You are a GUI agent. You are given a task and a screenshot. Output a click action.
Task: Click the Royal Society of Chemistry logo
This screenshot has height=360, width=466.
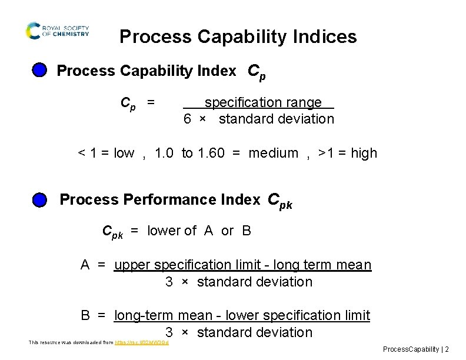pyautogui.click(x=57, y=31)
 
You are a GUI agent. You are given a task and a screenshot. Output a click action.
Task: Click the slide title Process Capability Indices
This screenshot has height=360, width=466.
pyautogui.click(x=238, y=37)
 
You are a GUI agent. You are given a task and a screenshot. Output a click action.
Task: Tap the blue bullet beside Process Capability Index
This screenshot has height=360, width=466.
pyautogui.click(x=39, y=71)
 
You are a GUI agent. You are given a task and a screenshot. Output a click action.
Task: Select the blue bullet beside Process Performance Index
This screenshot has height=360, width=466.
pyautogui.click(x=39, y=200)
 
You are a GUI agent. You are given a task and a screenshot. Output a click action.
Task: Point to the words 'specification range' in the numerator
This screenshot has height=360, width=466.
pyautogui.click(x=263, y=102)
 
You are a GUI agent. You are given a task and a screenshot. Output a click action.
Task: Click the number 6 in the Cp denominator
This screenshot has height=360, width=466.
pyautogui.click(x=187, y=119)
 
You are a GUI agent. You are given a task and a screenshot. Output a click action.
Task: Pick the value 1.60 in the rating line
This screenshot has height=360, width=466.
pyautogui.click(x=211, y=154)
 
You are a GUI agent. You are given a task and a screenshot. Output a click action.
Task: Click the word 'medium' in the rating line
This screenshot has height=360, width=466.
pyautogui.click(x=274, y=154)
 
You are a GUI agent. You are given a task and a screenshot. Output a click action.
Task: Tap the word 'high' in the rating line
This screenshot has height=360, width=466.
pyautogui.click(x=364, y=154)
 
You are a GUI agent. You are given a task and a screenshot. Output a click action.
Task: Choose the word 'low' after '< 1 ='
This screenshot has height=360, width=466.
pyautogui.click(x=124, y=154)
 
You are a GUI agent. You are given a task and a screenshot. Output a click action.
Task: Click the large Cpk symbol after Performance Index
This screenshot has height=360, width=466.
pyautogui.click(x=279, y=201)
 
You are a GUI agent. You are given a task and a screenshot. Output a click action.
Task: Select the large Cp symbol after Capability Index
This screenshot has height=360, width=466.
pyautogui.click(x=257, y=71)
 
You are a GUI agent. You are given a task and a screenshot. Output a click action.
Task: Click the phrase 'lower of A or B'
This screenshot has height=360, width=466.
pyautogui.click(x=199, y=231)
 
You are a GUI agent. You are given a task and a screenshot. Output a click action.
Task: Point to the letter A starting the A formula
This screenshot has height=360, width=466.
pyautogui.click(x=85, y=265)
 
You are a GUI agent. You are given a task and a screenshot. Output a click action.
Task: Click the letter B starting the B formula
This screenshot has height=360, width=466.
pyautogui.click(x=85, y=316)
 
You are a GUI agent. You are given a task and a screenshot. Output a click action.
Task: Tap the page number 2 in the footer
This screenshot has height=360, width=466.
pyautogui.click(x=447, y=349)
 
